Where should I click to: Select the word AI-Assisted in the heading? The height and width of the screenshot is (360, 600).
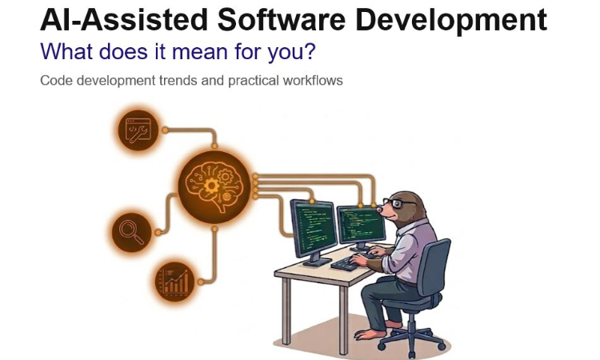click(106, 20)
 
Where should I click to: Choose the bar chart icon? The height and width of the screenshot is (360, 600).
click(174, 281)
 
